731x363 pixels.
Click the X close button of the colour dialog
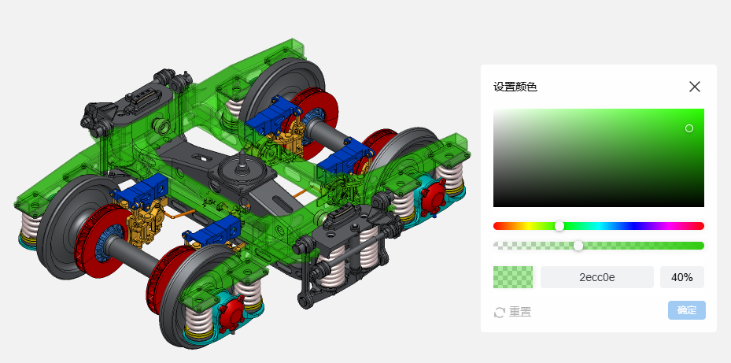pyautogui.click(x=695, y=87)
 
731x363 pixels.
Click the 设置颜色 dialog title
pyautogui.click(x=515, y=87)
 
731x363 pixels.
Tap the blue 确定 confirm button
pyautogui.click(x=687, y=310)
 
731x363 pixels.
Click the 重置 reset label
pyautogui.click(x=520, y=312)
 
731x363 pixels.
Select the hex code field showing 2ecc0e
pyautogui.click(x=597, y=277)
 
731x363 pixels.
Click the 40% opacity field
pyautogui.click(x=682, y=277)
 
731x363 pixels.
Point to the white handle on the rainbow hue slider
pyautogui.click(x=559, y=226)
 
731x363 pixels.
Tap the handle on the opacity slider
pyautogui.click(x=578, y=246)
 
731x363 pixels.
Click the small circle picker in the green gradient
pyautogui.click(x=689, y=128)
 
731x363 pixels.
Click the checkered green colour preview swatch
pyautogui.click(x=513, y=277)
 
